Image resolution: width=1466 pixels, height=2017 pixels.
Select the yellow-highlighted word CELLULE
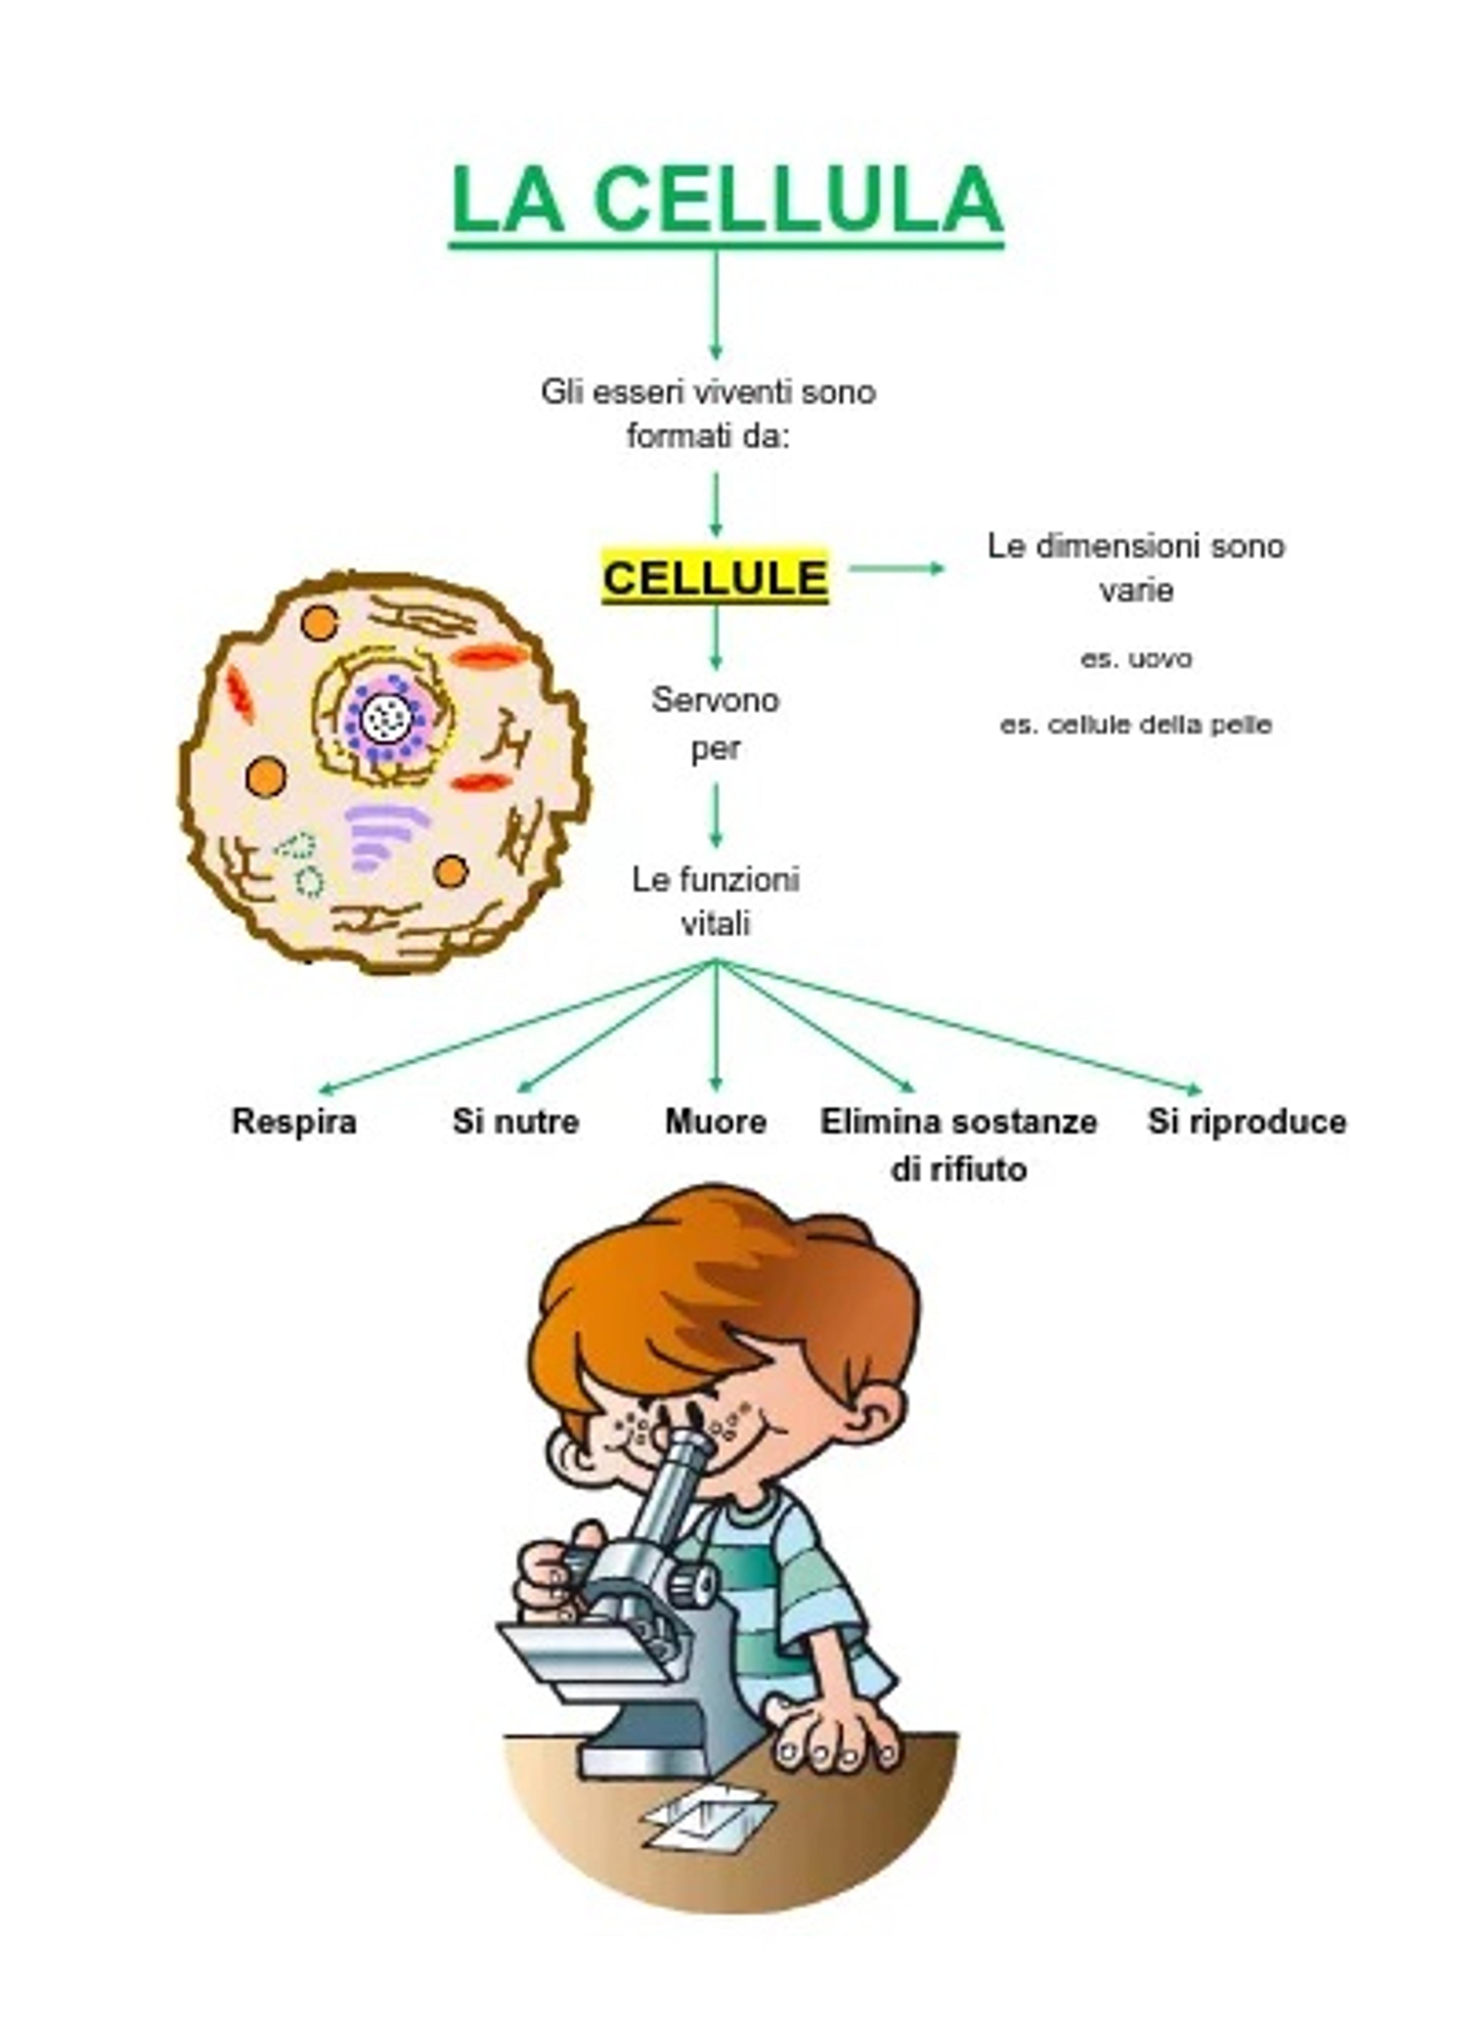(715, 577)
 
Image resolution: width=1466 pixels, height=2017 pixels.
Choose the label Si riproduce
(1246, 1122)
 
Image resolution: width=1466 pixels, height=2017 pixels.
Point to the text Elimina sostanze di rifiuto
(958, 1144)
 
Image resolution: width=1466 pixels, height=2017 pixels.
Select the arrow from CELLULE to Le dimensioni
(896, 567)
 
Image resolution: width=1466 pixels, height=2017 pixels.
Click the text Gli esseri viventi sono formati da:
(709, 414)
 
